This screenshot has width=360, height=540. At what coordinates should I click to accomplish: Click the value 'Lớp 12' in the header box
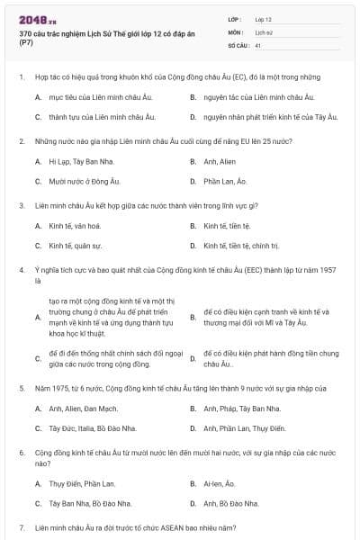tap(263, 19)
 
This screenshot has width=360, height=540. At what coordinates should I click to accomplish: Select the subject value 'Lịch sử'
tap(263, 31)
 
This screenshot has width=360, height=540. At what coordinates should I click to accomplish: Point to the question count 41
tap(258, 44)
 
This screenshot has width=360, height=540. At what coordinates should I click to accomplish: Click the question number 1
tap(21, 77)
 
